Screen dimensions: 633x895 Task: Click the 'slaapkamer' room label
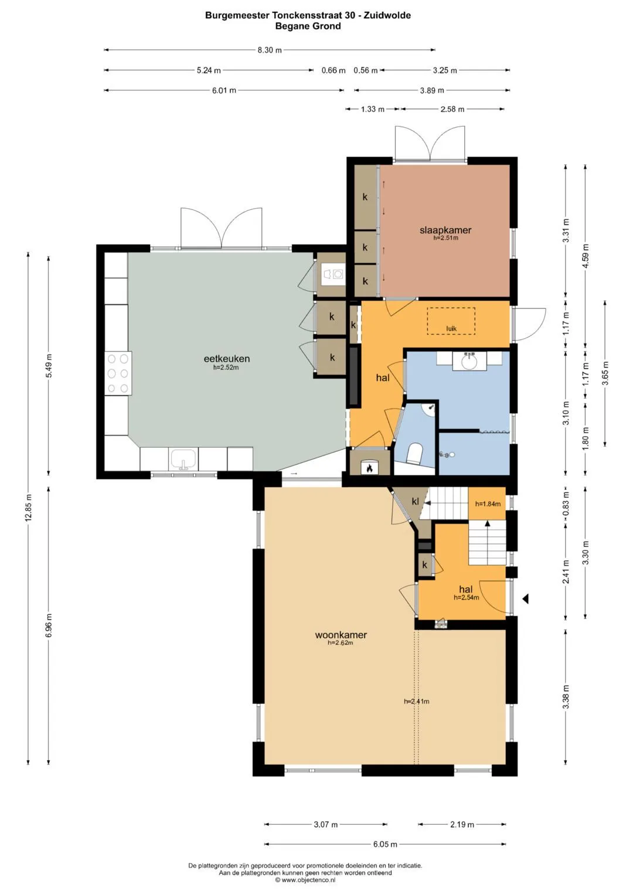[x=445, y=230]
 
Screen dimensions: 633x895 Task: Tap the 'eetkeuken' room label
[x=227, y=358]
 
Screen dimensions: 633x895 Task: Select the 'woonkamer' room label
[x=341, y=635]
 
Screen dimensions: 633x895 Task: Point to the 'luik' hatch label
[x=451, y=328]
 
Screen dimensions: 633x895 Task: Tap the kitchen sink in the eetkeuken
[x=183, y=459]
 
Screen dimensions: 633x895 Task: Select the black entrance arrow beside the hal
[x=526, y=598]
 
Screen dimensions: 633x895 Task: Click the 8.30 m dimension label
[x=270, y=50]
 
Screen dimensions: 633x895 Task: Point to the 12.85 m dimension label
[x=28, y=508]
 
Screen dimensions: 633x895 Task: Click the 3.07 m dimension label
[x=326, y=824]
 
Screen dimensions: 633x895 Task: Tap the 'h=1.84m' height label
[x=488, y=504]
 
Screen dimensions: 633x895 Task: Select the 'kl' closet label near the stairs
[x=415, y=501]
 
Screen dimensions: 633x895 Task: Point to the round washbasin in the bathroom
[x=469, y=362]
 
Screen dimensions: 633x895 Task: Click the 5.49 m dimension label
[x=48, y=366]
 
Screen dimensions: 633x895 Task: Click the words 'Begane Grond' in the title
[x=308, y=26]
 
